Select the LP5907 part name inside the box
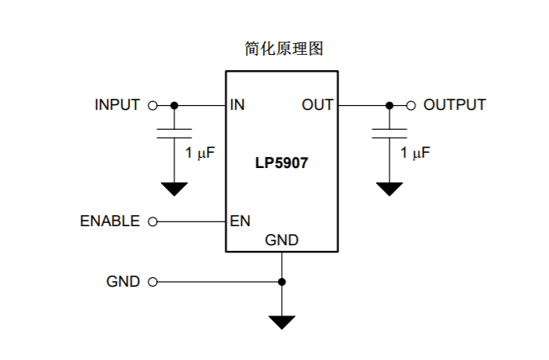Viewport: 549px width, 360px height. [281, 163]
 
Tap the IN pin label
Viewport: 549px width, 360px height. [237, 105]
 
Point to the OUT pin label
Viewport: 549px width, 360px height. [317, 105]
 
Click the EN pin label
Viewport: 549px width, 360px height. [240, 221]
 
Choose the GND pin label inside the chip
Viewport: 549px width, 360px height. [281, 240]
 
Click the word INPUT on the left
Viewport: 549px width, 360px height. [117, 105]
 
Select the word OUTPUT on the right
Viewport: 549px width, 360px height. [454, 105]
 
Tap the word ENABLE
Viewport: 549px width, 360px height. [110, 221]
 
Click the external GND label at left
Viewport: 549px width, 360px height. [123, 282]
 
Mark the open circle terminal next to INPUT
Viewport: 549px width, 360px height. [152, 105]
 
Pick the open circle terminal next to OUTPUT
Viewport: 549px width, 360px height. [411, 105]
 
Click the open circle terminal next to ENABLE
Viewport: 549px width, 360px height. [152, 221]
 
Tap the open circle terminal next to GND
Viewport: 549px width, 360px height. [152, 282]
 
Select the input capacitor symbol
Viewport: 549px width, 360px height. [174, 132]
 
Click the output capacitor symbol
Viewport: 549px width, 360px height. [390, 132]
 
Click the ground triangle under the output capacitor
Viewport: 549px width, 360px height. [390, 189]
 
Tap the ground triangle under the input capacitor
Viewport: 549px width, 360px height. [174, 189]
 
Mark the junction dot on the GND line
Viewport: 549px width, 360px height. [281, 282]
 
